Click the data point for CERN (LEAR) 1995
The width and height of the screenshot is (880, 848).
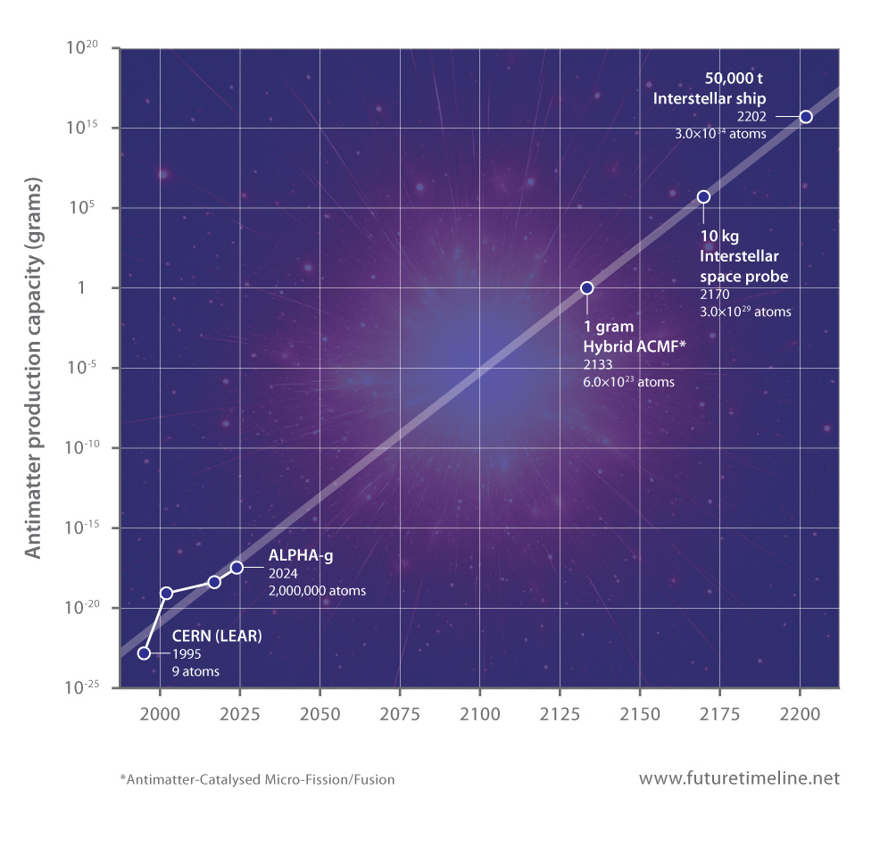tap(144, 653)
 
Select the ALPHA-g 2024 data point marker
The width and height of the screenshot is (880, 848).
tap(237, 568)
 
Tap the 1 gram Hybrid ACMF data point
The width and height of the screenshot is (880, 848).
tap(586, 287)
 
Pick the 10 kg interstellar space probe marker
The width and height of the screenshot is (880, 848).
tap(703, 196)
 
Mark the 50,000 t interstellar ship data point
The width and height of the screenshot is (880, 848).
tap(805, 117)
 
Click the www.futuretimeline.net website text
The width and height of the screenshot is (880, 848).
tap(739, 778)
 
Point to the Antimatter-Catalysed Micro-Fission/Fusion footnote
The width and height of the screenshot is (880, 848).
tap(257, 779)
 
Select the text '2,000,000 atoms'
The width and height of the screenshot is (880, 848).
tap(317, 590)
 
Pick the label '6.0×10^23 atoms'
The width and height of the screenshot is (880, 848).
tap(627, 382)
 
